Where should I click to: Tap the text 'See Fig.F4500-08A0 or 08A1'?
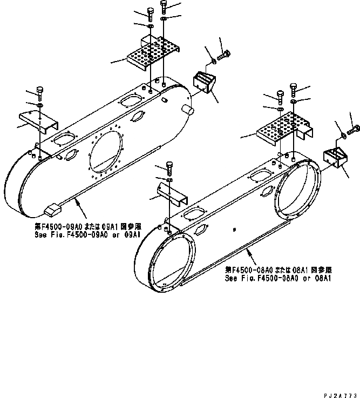(x=277, y=279)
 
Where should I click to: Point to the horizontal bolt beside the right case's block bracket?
(x=354, y=129)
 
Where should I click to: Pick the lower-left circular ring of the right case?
(x=166, y=256)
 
